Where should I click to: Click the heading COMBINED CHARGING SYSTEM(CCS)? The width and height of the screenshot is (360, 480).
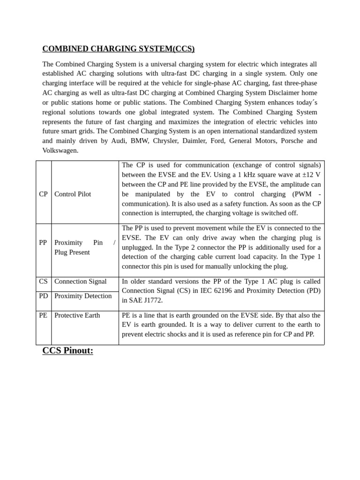coord(118,49)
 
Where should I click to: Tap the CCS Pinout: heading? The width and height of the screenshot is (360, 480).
coord(67,351)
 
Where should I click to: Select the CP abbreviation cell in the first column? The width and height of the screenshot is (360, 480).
coord(43,194)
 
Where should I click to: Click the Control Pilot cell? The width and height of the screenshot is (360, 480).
coord(73,194)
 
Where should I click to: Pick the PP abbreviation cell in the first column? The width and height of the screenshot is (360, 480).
coord(43,243)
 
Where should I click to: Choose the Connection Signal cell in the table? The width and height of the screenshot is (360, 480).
coord(80,282)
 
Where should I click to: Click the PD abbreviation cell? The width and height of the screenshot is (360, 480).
coord(43,296)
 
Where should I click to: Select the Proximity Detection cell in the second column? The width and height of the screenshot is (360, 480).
coord(83,296)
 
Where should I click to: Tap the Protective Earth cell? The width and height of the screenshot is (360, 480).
coord(77,315)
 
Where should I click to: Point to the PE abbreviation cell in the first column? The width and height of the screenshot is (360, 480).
coord(43,315)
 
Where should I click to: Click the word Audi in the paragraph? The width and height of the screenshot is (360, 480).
coord(119,141)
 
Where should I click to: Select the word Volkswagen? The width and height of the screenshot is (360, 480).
coord(60,150)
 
